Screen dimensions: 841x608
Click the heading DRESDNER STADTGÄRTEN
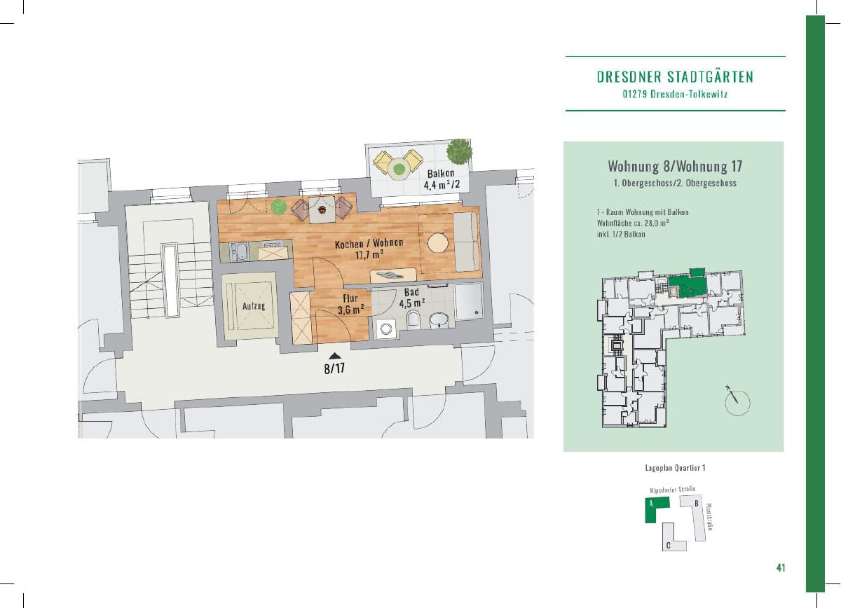(675, 77)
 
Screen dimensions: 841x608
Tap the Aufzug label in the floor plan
(254, 306)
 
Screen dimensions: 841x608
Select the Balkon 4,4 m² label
(442, 179)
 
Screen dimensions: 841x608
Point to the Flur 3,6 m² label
(350, 305)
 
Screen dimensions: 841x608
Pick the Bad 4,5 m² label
(412, 298)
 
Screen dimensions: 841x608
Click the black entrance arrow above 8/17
(335, 356)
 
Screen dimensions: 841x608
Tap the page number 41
(781, 568)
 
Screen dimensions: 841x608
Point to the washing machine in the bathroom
(386, 329)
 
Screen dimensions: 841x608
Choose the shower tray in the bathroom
(468, 301)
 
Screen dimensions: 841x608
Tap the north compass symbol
(737, 402)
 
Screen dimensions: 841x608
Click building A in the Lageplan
(655, 509)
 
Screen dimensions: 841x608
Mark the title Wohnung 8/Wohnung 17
(675, 166)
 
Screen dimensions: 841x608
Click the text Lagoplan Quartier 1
(675, 468)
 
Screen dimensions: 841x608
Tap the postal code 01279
(634, 94)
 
